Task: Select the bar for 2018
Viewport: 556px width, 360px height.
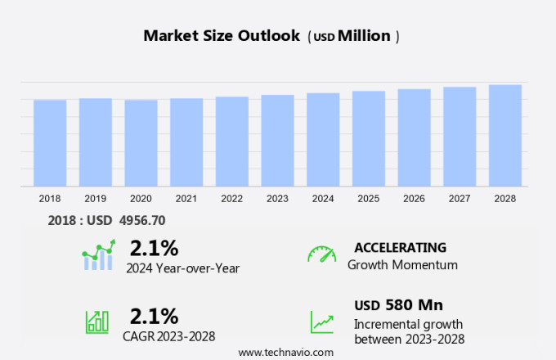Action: click(50, 143)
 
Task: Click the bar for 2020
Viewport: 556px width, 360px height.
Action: click(141, 143)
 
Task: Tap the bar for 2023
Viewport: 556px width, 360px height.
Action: click(278, 141)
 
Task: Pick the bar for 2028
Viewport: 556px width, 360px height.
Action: click(505, 136)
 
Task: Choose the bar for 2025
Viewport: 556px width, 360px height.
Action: click(369, 139)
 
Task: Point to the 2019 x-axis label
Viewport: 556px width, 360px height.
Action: click(96, 199)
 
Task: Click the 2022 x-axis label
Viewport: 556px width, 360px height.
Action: click(232, 199)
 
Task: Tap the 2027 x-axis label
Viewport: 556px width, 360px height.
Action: click(460, 199)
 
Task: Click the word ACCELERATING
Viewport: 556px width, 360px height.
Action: click(401, 247)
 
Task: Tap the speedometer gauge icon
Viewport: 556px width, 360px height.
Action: click(321, 254)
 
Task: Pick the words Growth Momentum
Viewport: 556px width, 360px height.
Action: click(402, 264)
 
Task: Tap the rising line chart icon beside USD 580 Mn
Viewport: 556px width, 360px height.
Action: click(321, 321)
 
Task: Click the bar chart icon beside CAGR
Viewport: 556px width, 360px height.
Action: click(97, 321)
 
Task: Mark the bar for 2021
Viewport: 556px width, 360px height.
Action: click(186, 142)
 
